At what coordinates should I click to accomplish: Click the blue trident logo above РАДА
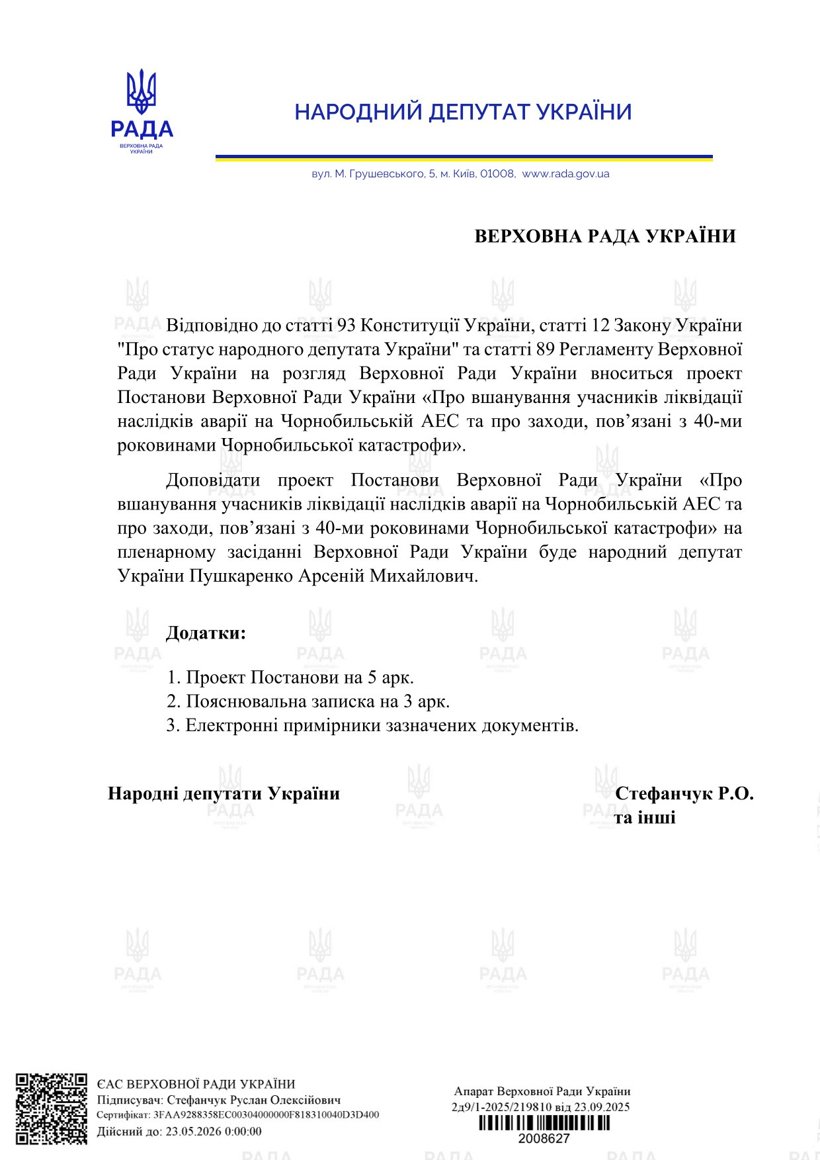pyautogui.click(x=142, y=93)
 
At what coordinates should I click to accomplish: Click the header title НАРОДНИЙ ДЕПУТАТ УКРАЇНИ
pyautogui.click(x=463, y=112)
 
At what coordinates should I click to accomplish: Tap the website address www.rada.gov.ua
pyautogui.click(x=565, y=174)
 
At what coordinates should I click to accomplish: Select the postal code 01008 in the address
pyautogui.click(x=497, y=174)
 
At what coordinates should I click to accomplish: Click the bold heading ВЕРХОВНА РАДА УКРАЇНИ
pyautogui.click(x=605, y=236)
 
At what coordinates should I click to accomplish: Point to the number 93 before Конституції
pyautogui.click(x=347, y=326)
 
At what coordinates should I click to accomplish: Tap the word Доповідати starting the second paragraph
pyautogui.click(x=212, y=480)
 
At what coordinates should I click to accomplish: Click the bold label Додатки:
pyautogui.click(x=206, y=633)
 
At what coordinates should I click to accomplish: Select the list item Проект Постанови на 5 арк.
pyautogui.click(x=290, y=678)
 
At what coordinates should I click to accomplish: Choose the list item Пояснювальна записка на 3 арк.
pyautogui.click(x=308, y=701)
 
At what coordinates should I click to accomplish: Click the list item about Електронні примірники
pyautogui.click(x=372, y=725)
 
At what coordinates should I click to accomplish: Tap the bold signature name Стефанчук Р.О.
pyautogui.click(x=684, y=793)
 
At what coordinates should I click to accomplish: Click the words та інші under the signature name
pyautogui.click(x=645, y=818)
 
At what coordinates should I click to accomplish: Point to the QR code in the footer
pyautogui.click(x=52, y=1108)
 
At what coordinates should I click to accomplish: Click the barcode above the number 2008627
pyautogui.click(x=544, y=1123)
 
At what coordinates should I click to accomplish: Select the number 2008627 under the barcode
pyautogui.click(x=544, y=1138)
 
